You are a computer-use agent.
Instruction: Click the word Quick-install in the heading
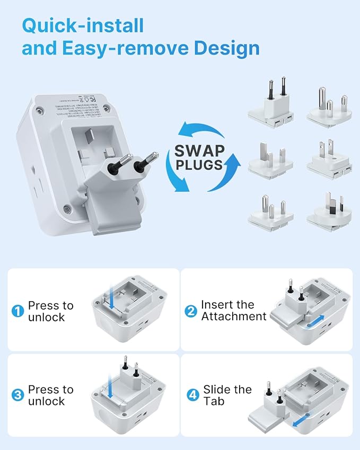(83, 25)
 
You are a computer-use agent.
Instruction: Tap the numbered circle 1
(18, 312)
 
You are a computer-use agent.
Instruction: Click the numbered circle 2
(191, 312)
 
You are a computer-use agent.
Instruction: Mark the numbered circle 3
(18, 395)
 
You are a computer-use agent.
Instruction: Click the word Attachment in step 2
(233, 317)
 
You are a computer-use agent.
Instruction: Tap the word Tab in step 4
(214, 401)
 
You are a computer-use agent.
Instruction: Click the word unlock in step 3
(46, 401)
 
